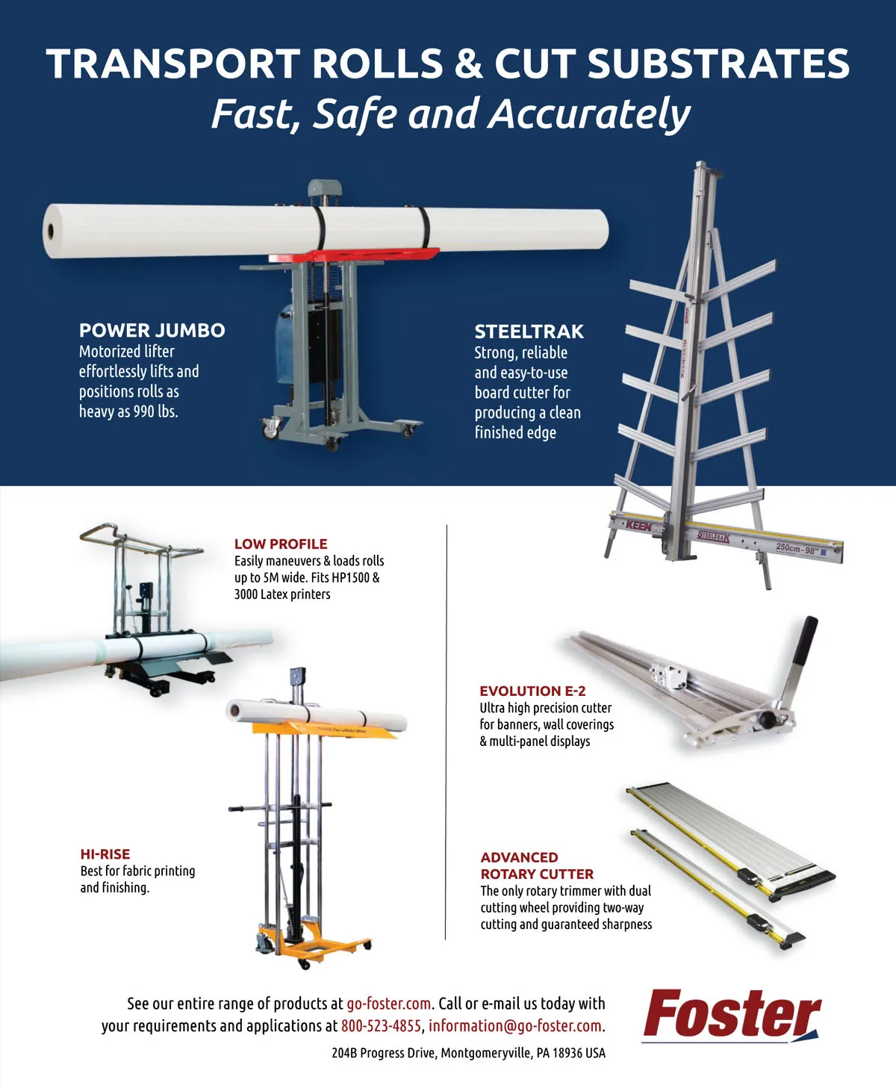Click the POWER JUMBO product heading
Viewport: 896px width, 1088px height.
(152, 330)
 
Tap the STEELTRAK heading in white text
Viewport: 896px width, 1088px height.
(529, 332)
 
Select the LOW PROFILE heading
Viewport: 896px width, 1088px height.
(281, 544)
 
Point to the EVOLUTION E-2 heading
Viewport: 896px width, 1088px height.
(532, 691)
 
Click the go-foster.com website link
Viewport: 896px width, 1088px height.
(388, 1004)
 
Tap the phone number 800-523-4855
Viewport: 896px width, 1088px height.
(381, 1025)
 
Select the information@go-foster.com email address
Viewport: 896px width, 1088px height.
(514, 1025)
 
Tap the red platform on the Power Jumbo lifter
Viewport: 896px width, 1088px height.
(354, 255)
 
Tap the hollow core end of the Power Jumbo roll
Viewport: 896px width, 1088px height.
(51, 231)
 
